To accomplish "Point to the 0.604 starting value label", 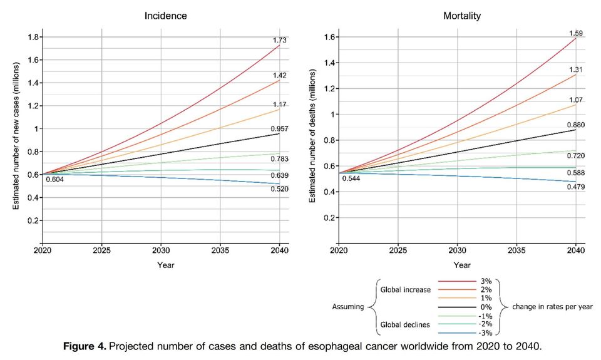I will pos(55,180).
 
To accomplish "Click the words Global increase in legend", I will pos(405,290).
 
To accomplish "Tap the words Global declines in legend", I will pos(405,324).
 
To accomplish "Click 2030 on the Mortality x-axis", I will pos(458,250).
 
